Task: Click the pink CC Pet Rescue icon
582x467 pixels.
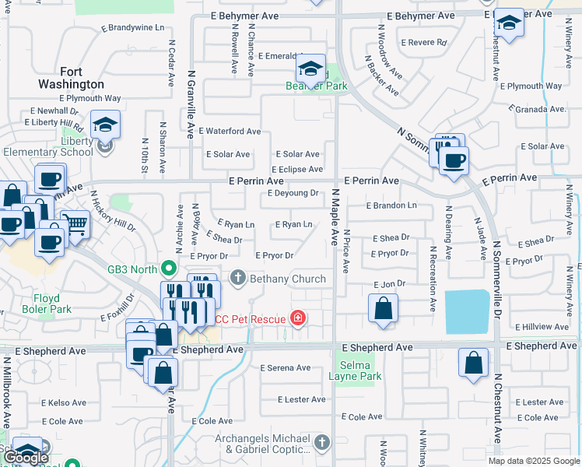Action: click(296, 318)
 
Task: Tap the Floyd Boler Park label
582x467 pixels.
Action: click(52, 304)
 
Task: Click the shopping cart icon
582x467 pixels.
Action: click(75, 226)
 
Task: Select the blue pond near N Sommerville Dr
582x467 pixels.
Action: click(468, 311)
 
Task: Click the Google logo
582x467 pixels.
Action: click(26, 458)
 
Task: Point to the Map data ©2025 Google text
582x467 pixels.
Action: click(533, 461)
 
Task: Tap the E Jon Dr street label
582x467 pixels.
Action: click(389, 286)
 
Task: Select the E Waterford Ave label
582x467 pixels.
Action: click(230, 132)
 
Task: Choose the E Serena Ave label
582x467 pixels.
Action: click(286, 367)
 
